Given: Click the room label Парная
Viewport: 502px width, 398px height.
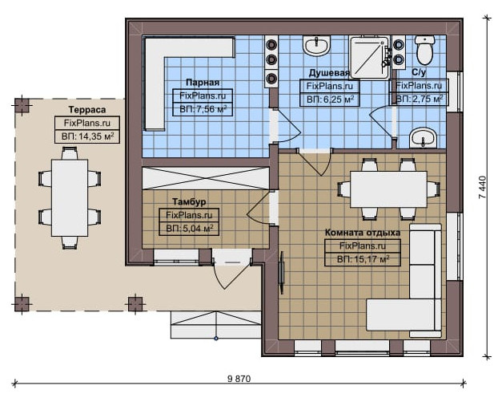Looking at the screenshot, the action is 203,83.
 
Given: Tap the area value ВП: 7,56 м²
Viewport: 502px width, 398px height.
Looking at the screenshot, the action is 203,109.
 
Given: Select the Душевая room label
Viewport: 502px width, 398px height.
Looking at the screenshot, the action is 329,73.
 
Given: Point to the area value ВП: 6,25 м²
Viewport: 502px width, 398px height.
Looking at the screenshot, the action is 330,99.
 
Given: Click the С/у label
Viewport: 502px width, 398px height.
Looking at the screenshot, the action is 419,72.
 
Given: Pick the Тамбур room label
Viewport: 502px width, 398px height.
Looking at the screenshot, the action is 189,202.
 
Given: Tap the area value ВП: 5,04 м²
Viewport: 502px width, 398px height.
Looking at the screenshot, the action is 190,229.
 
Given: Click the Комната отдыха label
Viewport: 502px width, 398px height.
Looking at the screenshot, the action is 363,233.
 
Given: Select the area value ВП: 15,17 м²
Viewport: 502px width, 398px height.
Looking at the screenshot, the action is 363,259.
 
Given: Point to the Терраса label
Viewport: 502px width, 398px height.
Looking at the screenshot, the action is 87,110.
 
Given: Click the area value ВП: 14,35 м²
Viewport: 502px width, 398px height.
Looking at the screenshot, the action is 87,136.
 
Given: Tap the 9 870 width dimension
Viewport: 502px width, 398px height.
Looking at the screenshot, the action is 239,379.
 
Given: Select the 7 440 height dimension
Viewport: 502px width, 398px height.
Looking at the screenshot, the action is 483,187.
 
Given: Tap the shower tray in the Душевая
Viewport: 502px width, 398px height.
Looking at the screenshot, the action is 369,58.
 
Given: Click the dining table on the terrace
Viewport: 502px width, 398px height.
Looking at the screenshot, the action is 70,198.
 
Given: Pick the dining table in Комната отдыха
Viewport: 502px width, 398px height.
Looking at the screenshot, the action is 388,189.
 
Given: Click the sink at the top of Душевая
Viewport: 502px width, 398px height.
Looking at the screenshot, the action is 316,45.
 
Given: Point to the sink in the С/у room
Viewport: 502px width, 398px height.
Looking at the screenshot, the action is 424,138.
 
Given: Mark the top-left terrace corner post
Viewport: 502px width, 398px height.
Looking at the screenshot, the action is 22,106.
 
